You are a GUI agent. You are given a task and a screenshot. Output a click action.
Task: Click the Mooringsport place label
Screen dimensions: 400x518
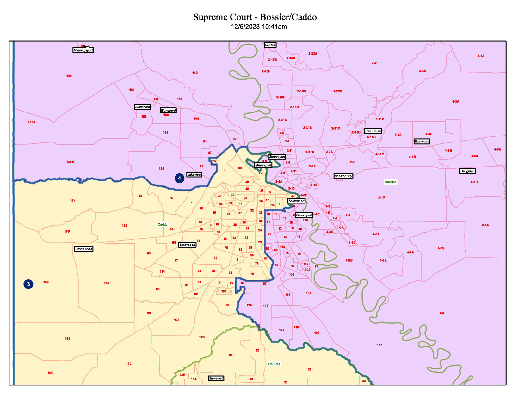(83, 50)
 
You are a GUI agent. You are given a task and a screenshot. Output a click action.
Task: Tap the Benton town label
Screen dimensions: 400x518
(270, 45)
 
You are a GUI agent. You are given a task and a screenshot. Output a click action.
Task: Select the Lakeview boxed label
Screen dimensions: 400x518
(194, 175)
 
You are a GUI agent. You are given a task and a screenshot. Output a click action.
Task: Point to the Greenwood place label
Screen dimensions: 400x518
(84, 249)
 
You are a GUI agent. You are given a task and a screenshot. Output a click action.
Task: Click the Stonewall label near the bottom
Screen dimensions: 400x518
(216, 379)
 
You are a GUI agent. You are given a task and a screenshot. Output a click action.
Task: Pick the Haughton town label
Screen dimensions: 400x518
(467, 171)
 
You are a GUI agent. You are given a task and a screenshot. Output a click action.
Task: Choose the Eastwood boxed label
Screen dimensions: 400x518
(422, 142)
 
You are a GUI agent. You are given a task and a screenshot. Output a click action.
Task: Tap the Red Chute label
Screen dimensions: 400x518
(373, 131)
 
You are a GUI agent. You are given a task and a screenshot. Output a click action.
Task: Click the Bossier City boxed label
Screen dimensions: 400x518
(343, 176)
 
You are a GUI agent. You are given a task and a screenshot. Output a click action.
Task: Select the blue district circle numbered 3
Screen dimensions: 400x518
(28, 284)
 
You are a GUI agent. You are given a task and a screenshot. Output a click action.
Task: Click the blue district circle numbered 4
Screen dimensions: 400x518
(179, 178)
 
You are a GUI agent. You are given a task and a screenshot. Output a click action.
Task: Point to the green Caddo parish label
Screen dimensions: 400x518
(163, 224)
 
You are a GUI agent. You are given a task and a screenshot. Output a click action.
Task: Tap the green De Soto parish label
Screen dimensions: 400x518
(274, 364)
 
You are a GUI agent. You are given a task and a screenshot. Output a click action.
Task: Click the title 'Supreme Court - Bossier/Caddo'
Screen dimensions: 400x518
(255, 17)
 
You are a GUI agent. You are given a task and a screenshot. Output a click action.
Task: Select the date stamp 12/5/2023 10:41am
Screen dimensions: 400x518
(259, 27)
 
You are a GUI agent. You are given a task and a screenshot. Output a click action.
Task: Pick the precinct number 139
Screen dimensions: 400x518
(69, 76)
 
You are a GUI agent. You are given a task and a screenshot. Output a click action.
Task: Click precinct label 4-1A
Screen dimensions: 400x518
(481, 56)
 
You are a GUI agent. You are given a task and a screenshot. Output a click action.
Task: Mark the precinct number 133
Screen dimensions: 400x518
(46, 282)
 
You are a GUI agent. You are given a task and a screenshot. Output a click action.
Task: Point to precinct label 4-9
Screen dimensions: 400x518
(441, 313)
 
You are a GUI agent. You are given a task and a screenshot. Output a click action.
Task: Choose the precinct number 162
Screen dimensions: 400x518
(67, 339)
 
